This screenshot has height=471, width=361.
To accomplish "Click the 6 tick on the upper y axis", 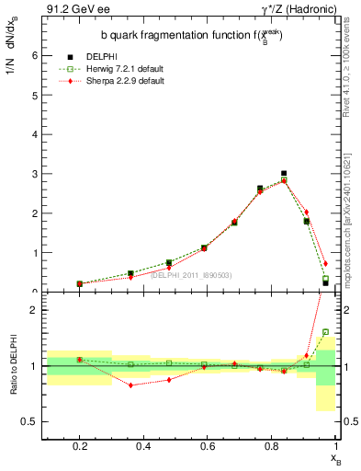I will coord(34,55).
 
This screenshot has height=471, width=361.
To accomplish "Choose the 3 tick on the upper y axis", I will coord(34,174).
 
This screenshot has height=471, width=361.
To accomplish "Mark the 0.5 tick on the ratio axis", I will coord(30,421).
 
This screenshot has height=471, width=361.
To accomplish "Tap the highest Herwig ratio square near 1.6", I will coord(325,332).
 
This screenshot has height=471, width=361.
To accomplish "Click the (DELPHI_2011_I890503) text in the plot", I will coord(190,274).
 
